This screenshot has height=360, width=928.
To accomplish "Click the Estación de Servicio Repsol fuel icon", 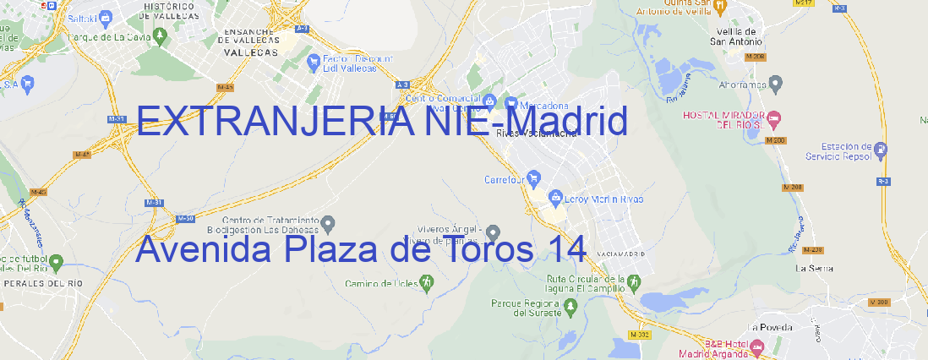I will pyautogui.click(x=882, y=151).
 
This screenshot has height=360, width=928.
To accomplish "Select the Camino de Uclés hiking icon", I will pyautogui.click(x=428, y=283).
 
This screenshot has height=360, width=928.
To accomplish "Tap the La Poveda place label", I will pyautogui.click(x=770, y=327).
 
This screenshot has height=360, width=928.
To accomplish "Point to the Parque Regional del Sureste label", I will pyautogui.click(x=526, y=307).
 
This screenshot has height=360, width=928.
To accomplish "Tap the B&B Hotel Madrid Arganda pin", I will pyautogui.click(x=756, y=346).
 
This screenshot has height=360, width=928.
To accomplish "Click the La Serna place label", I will pyautogui.click(x=815, y=268).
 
